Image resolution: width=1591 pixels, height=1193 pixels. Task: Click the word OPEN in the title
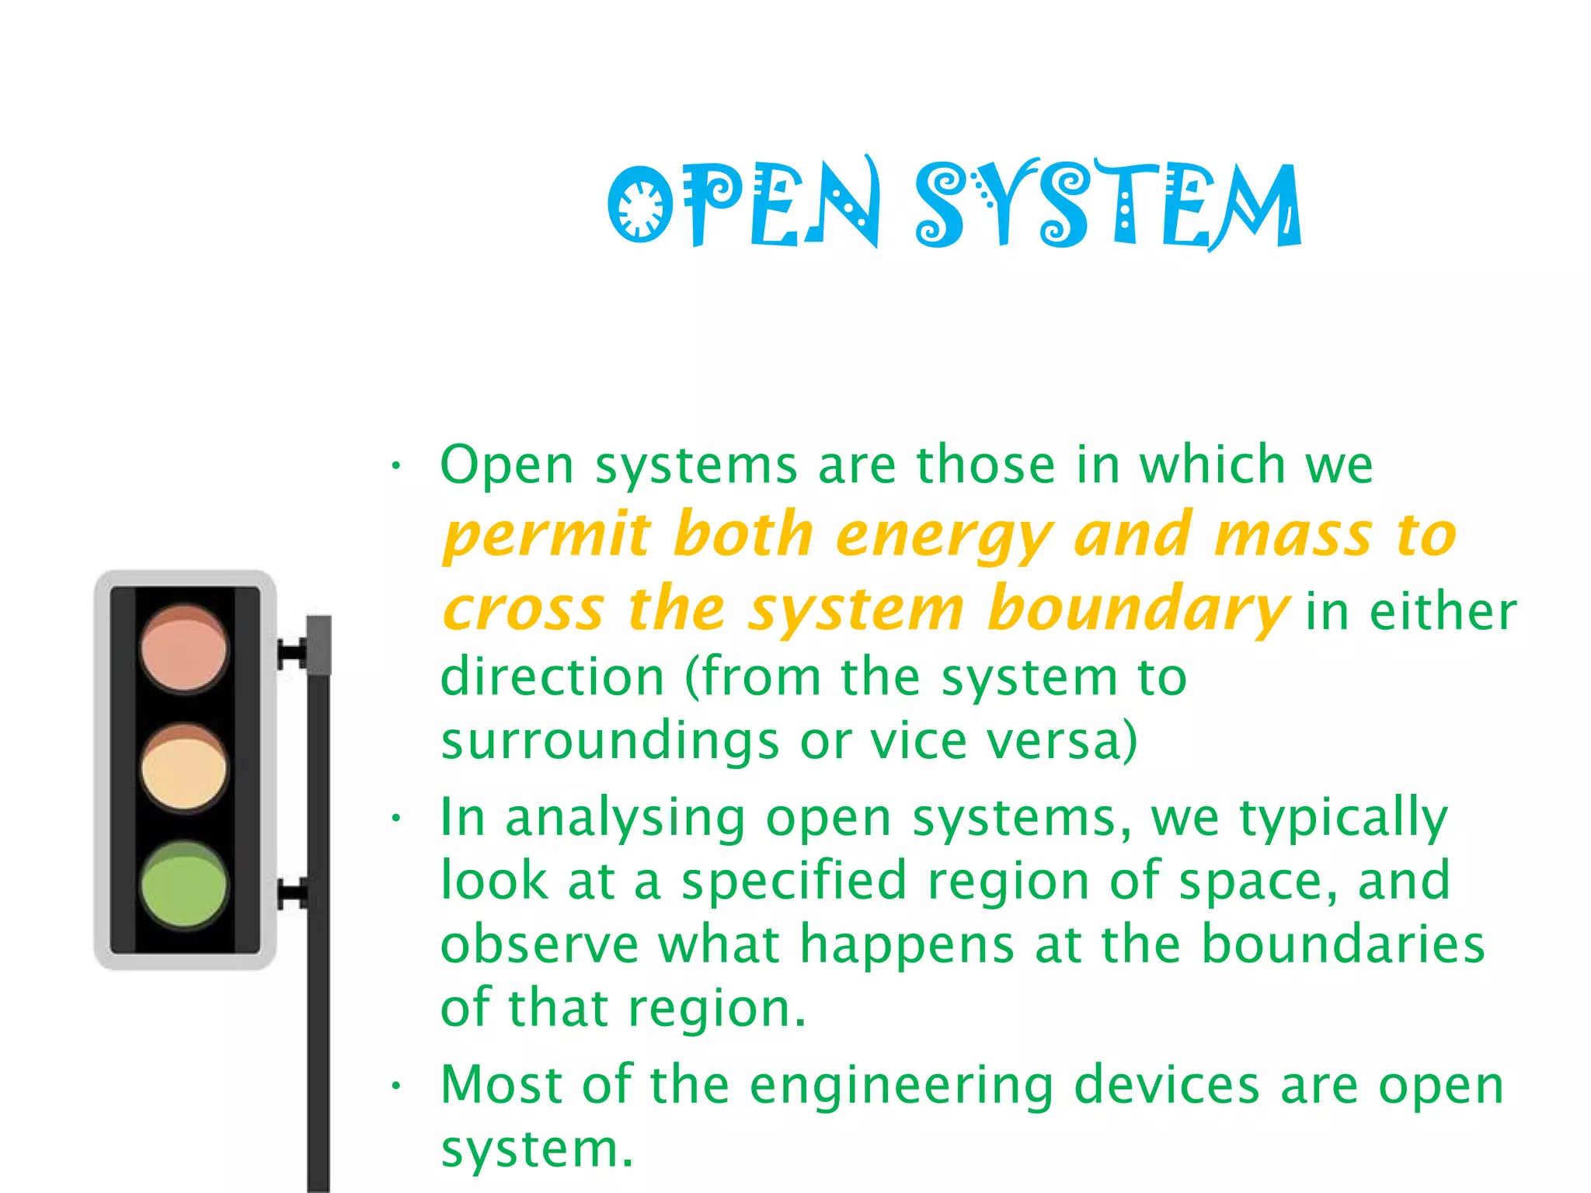pyautogui.click(x=743, y=204)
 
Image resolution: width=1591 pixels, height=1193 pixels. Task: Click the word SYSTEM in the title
pyautogui.click(x=1108, y=204)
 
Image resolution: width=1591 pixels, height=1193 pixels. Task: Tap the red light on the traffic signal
pyautogui.click(x=184, y=649)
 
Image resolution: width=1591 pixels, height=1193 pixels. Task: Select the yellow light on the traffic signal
pyautogui.click(x=184, y=768)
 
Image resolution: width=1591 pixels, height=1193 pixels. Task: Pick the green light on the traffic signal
pyautogui.click(x=184, y=885)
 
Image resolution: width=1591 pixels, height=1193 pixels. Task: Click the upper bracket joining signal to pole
pyautogui.click(x=293, y=653)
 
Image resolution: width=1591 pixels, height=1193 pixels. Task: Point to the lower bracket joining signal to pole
pyautogui.click(x=293, y=894)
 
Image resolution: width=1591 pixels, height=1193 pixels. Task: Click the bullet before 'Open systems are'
pyautogui.click(x=396, y=466)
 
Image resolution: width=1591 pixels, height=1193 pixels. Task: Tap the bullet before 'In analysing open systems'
pyautogui.click(x=396, y=818)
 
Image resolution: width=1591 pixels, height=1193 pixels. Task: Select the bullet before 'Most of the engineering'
pyautogui.click(x=396, y=1085)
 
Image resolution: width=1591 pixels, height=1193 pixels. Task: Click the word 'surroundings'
pyautogui.click(x=610, y=742)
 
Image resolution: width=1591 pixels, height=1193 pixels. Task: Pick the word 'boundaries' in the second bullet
pyautogui.click(x=1343, y=944)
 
